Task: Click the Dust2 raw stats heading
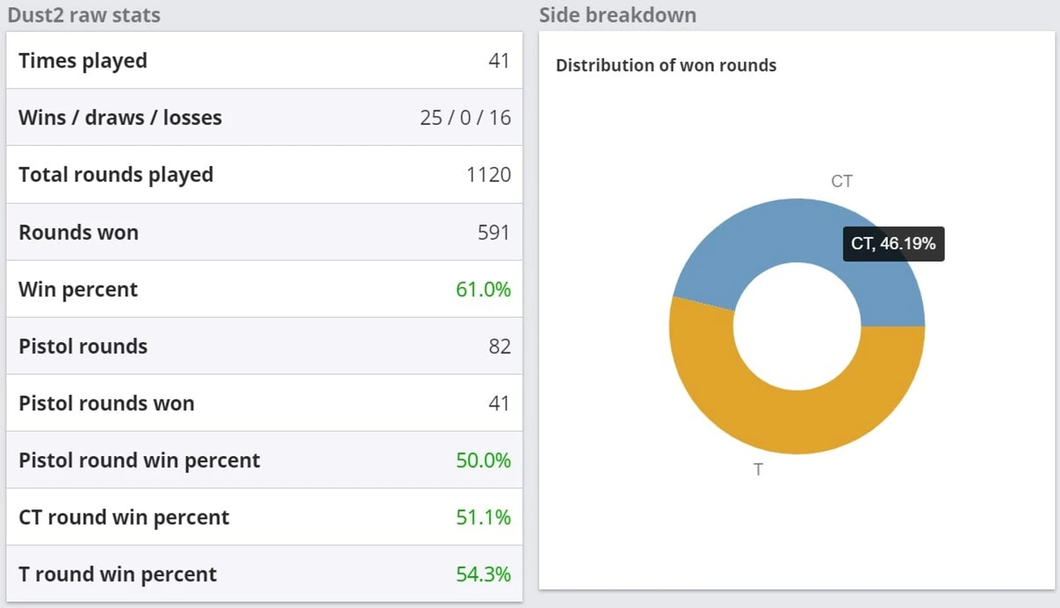pyautogui.click(x=83, y=15)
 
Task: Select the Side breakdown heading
pyautogui.click(x=617, y=15)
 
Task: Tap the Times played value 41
pyautogui.click(x=499, y=60)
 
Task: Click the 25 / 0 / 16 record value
pyautogui.click(x=465, y=118)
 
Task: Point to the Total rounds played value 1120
pyautogui.click(x=488, y=175)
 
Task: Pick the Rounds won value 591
pyautogui.click(x=493, y=232)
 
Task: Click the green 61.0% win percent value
pyautogui.click(x=483, y=289)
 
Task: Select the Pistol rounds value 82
pyautogui.click(x=499, y=346)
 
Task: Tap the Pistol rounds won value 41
pyautogui.click(x=499, y=403)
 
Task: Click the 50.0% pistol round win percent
pyautogui.click(x=483, y=461)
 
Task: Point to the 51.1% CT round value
pyautogui.click(x=483, y=517)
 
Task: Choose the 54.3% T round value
pyautogui.click(x=483, y=575)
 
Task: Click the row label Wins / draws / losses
pyautogui.click(x=120, y=118)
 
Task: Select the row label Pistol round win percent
pyautogui.click(x=139, y=461)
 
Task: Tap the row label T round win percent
pyautogui.click(x=117, y=575)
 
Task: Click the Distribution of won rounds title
pyautogui.click(x=666, y=65)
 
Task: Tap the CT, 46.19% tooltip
pyautogui.click(x=893, y=243)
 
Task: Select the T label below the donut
pyautogui.click(x=758, y=470)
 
